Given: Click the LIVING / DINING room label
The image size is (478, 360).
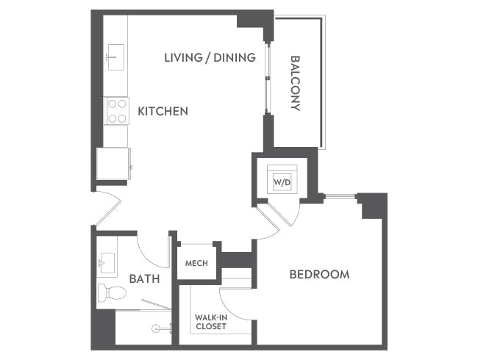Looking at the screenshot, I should pyautogui.click(x=210, y=57).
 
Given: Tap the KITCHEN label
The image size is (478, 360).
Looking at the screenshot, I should pyautogui.click(x=163, y=112).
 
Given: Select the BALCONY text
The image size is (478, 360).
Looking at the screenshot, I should pyautogui.click(x=296, y=82).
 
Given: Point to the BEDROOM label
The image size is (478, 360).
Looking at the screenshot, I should pyautogui.click(x=318, y=274).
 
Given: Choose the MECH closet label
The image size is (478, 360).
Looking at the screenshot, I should pyautogui.click(x=196, y=263).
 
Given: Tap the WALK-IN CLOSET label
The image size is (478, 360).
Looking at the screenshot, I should pyautogui.click(x=210, y=322).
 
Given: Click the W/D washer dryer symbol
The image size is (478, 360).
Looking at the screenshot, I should pyautogui.click(x=281, y=180).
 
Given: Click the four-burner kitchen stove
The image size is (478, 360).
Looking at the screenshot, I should pyautogui.click(x=116, y=111).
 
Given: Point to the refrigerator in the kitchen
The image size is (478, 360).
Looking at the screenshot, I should pyautogui.click(x=113, y=163).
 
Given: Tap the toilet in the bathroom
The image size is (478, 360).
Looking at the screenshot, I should pyautogui.click(x=112, y=292).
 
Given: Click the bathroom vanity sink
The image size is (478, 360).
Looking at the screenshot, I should pyautogui.click(x=106, y=261).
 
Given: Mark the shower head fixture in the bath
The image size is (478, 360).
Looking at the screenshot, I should pyautogui.click(x=157, y=329).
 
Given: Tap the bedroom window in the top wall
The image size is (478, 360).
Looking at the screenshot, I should pyautogui.click(x=340, y=195).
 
